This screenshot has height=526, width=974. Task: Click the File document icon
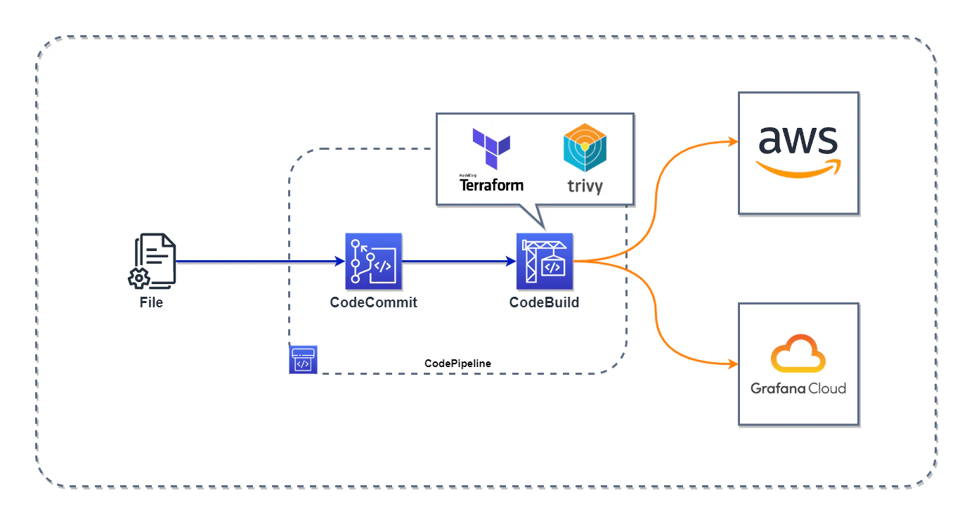152,261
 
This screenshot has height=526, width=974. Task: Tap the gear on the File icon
138,278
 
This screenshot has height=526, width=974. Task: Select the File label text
151,302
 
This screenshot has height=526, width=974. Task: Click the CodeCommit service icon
374,262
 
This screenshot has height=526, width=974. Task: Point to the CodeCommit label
374,302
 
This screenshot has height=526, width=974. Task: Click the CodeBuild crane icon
545,262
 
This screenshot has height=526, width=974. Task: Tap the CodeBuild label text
544,302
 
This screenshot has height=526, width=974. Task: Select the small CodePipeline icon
303,360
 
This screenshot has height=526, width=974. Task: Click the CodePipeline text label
458,364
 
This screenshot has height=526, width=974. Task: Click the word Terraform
491,186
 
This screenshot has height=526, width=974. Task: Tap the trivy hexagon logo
585,148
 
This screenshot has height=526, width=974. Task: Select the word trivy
585,186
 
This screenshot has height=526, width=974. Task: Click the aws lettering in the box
798,140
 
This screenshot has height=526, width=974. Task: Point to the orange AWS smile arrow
798,169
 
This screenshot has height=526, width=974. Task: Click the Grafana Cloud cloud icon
798,353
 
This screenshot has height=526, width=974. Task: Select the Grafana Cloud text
798,388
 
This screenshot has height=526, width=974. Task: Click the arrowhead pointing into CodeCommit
340,262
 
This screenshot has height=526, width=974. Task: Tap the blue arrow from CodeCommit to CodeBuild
459,262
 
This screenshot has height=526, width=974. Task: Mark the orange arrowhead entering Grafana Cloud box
733,364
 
